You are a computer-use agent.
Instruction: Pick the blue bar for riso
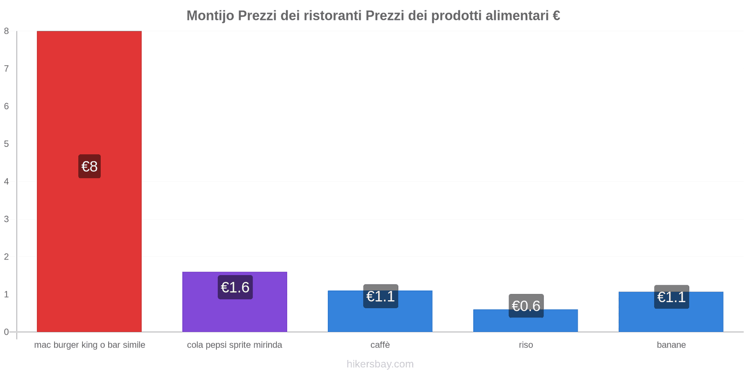pos(525,324)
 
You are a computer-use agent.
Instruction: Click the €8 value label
pos(90,166)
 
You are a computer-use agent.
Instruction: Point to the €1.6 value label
pos(235,287)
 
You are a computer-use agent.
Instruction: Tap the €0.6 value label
pos(526,306)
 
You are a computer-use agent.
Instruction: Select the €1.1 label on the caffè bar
pos(380,296)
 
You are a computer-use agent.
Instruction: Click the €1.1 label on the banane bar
pos(671,297)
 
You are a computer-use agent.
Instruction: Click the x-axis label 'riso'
pos(526,345)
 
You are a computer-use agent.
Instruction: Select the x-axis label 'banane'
pos(671,345)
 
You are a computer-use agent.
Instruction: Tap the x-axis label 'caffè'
pos(380,345)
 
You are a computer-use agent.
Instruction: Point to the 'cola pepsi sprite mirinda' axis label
pos(235,345)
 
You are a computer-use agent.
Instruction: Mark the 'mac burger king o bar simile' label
pos(90,345)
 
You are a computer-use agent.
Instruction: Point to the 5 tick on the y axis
pos(7,144)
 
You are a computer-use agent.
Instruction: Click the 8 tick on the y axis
pos(7,31)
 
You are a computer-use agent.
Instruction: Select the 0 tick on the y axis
pos(7,332)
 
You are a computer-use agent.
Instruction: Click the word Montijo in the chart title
pos(210,16)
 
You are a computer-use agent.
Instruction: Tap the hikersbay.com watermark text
pos(380,364)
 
